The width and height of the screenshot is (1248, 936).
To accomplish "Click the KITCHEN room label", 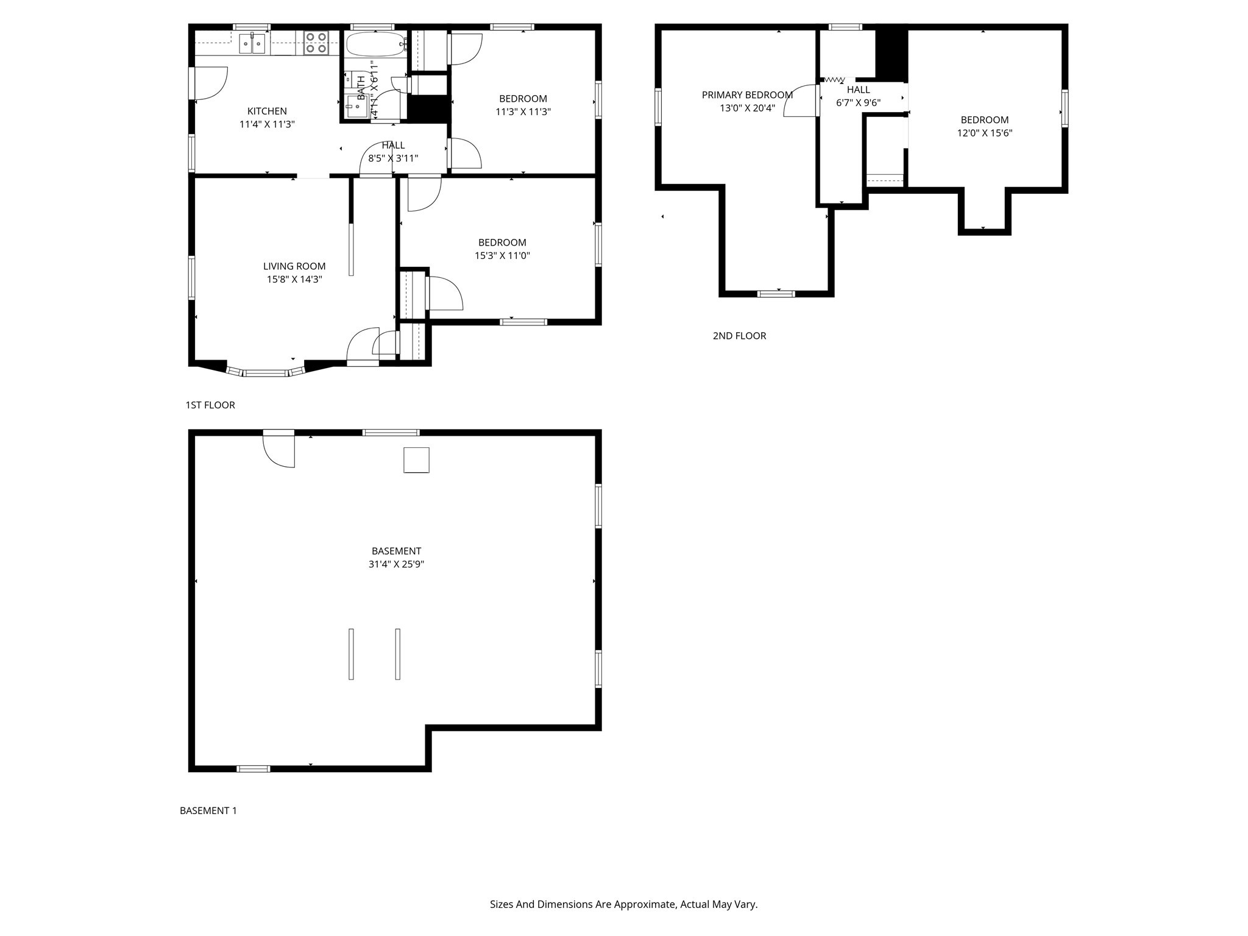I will (x=267, y=111).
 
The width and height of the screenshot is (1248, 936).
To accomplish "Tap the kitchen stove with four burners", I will (x=316, y=43).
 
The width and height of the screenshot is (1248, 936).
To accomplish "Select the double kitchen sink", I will (x=252, y=44).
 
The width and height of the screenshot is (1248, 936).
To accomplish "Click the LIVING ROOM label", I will (x=294, y=266).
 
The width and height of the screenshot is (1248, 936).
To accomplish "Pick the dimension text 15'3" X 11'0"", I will (x=502, y=256).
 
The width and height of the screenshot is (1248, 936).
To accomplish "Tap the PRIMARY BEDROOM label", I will (x=747, y=95).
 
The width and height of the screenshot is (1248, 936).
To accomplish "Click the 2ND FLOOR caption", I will (x=739, y=336).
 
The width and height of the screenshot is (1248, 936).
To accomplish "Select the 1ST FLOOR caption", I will (x=210, y=405).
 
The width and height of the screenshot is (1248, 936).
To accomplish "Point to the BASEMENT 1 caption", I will (x=208, y=810).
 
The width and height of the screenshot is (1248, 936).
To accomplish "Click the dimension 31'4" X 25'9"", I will (x=396, y=564).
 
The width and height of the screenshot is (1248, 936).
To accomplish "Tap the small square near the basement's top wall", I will (x=416, y=460).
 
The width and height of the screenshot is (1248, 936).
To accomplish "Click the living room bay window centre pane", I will (x=265, y=372).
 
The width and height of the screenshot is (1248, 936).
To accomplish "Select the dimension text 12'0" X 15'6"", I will (x=984, y=133).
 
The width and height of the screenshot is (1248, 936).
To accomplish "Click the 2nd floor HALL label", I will (x=858, y=90).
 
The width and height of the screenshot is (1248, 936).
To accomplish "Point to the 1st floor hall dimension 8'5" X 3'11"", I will (x=393, y=158).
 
